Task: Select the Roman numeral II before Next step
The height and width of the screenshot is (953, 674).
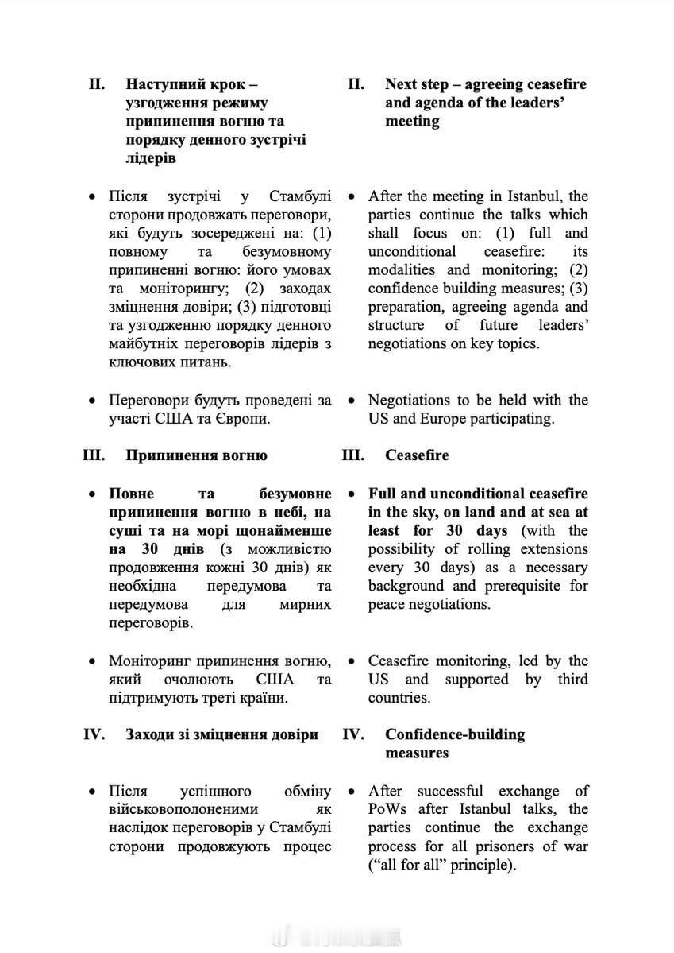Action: coord(356,84)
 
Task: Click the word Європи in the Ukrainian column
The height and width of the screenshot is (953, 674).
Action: coord(242,419)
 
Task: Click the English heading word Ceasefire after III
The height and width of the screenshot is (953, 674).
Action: coord(417,455)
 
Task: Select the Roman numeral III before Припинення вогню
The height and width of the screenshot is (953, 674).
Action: coord(95,455)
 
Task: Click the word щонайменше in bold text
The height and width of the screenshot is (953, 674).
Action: coord(289,530)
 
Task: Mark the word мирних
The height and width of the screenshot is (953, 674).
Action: coord(306,604)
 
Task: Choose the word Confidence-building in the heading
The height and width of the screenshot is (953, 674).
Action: coord(455,734)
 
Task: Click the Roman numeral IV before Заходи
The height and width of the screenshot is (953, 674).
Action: coord(94,734)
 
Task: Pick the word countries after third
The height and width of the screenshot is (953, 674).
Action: coord(399,698)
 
